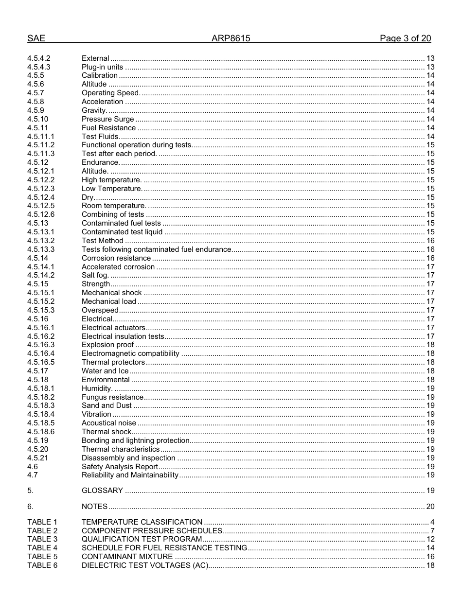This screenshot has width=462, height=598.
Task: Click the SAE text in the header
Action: pyautogui.click(x=36, y=38)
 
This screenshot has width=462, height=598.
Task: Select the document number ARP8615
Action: pyautogui.click(x=231, y=38)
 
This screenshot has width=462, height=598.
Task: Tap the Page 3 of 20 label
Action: pyautogui.click(x=405, y=38)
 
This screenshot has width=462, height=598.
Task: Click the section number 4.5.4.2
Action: pyautogui.click(x=39, y=58)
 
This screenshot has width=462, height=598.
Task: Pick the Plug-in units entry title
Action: pyautogui.click(x=102, y=67)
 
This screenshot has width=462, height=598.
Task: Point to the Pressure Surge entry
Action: pyautogui.click(x=107, y=119)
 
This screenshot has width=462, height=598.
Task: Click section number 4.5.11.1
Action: pyautogui.click(x=41, y=137)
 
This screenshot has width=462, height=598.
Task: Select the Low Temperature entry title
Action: pyautogui.click(x=112, y=189)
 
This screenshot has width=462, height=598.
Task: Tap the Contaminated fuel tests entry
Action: pyautogui.click(x=121, y=223)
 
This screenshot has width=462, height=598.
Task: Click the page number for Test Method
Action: pyautogui.click(x=430, y=241)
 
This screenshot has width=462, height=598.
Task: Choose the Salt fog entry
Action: pyautogui.click(x=95, y=275)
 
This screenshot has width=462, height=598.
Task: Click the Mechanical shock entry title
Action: pyautogui.click(x=111, y=293)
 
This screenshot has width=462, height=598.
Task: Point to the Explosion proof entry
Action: pyautogui.click(x=107, y=345)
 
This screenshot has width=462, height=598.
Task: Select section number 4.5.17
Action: pyautogui.click(x=37, y=371)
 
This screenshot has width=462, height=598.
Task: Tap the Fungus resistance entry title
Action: pyautogui.click(x=112, y=397)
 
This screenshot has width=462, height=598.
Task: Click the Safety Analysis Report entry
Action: pyautogui.click(x=120, y=467)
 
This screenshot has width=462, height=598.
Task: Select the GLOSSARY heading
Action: pyautogui.click(x=102, y=491)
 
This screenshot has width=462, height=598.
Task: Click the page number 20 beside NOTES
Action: pyautogui.click(x=430, y=507)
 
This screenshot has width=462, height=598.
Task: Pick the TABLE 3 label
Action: pyautogui.click(x=42, y=539)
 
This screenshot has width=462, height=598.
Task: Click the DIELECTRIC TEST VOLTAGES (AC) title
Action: pyautogui.click(x=144, y=565)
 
